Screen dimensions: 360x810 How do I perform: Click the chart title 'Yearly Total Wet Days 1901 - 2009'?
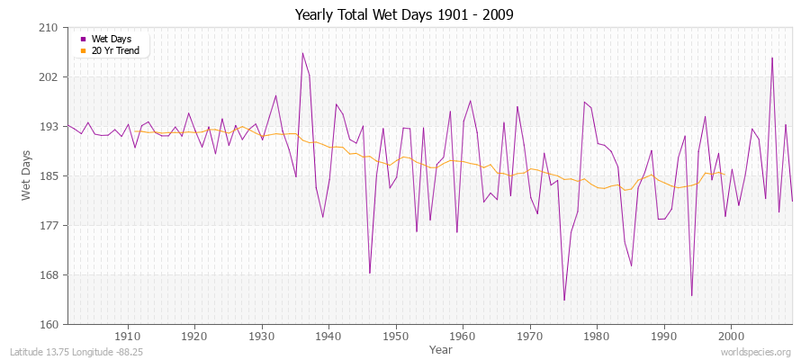coord(404,15)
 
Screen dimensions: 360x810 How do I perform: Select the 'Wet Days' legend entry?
coord(111,39)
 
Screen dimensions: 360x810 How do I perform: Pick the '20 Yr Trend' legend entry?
coord(115,50)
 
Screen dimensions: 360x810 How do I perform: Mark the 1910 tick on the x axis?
coord(127,337)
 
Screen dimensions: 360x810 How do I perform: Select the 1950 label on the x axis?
coord(395,337)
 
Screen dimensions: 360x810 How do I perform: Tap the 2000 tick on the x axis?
coord(730,337)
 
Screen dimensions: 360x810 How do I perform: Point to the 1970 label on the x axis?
coord(529,337)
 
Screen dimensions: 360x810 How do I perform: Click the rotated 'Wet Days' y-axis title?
coord(27,176)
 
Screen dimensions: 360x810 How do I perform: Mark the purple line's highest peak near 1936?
coord(302,52)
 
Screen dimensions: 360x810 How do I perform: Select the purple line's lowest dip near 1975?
coord(564,300)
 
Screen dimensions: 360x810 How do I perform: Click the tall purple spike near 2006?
coord(772,58)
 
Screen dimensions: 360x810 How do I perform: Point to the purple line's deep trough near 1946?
coord(370,273)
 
